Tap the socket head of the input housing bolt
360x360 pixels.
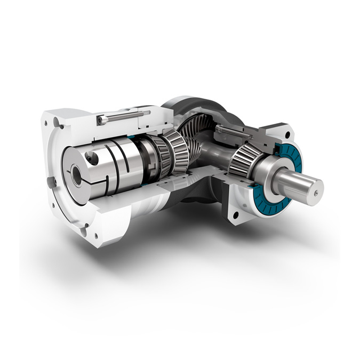(101, 121)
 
